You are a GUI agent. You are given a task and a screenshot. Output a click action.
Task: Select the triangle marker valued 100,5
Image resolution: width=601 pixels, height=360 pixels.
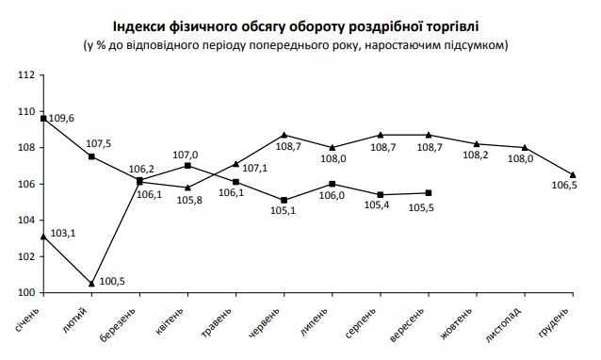pos(91,284)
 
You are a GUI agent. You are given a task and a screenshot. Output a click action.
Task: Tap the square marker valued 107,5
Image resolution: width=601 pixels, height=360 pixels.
pos(91,156)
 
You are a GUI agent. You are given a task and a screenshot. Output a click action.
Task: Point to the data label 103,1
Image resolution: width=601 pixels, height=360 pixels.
pos(64,231)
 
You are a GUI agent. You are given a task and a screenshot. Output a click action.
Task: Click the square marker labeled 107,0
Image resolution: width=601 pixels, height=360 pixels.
pos(188,165)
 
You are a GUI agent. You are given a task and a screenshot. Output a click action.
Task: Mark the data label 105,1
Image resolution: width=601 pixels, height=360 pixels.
pos(284,211)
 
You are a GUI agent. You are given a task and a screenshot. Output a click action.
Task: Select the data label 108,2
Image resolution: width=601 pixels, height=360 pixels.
pos(476,156)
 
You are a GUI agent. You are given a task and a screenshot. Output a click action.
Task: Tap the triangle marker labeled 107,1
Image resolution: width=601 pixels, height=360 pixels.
pos(236,163)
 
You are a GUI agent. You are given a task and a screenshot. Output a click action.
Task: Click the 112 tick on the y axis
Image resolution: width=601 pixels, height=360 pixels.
pos(27,74)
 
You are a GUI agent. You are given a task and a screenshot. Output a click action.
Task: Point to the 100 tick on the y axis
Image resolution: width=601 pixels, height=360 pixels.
pos(27,293)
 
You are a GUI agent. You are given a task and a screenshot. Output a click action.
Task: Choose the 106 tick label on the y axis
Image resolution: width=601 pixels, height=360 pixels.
pos(27,184)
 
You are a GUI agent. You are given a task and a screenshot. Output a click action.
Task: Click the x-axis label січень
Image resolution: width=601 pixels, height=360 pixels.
pos(27,319)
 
